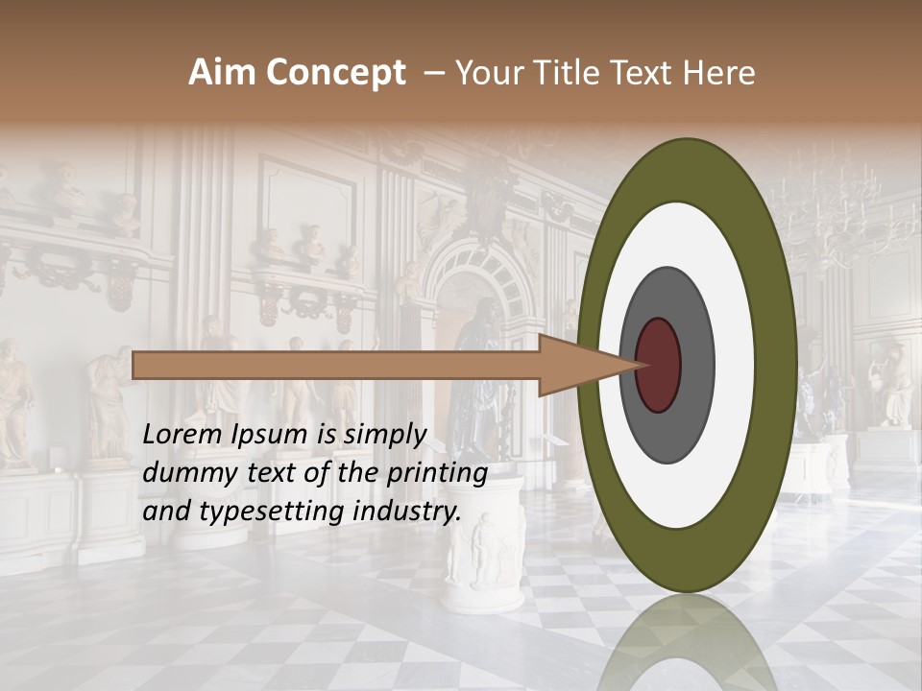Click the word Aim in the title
pos(220,73)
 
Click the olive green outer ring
pos(774,366)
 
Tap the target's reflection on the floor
pos(687,643)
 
